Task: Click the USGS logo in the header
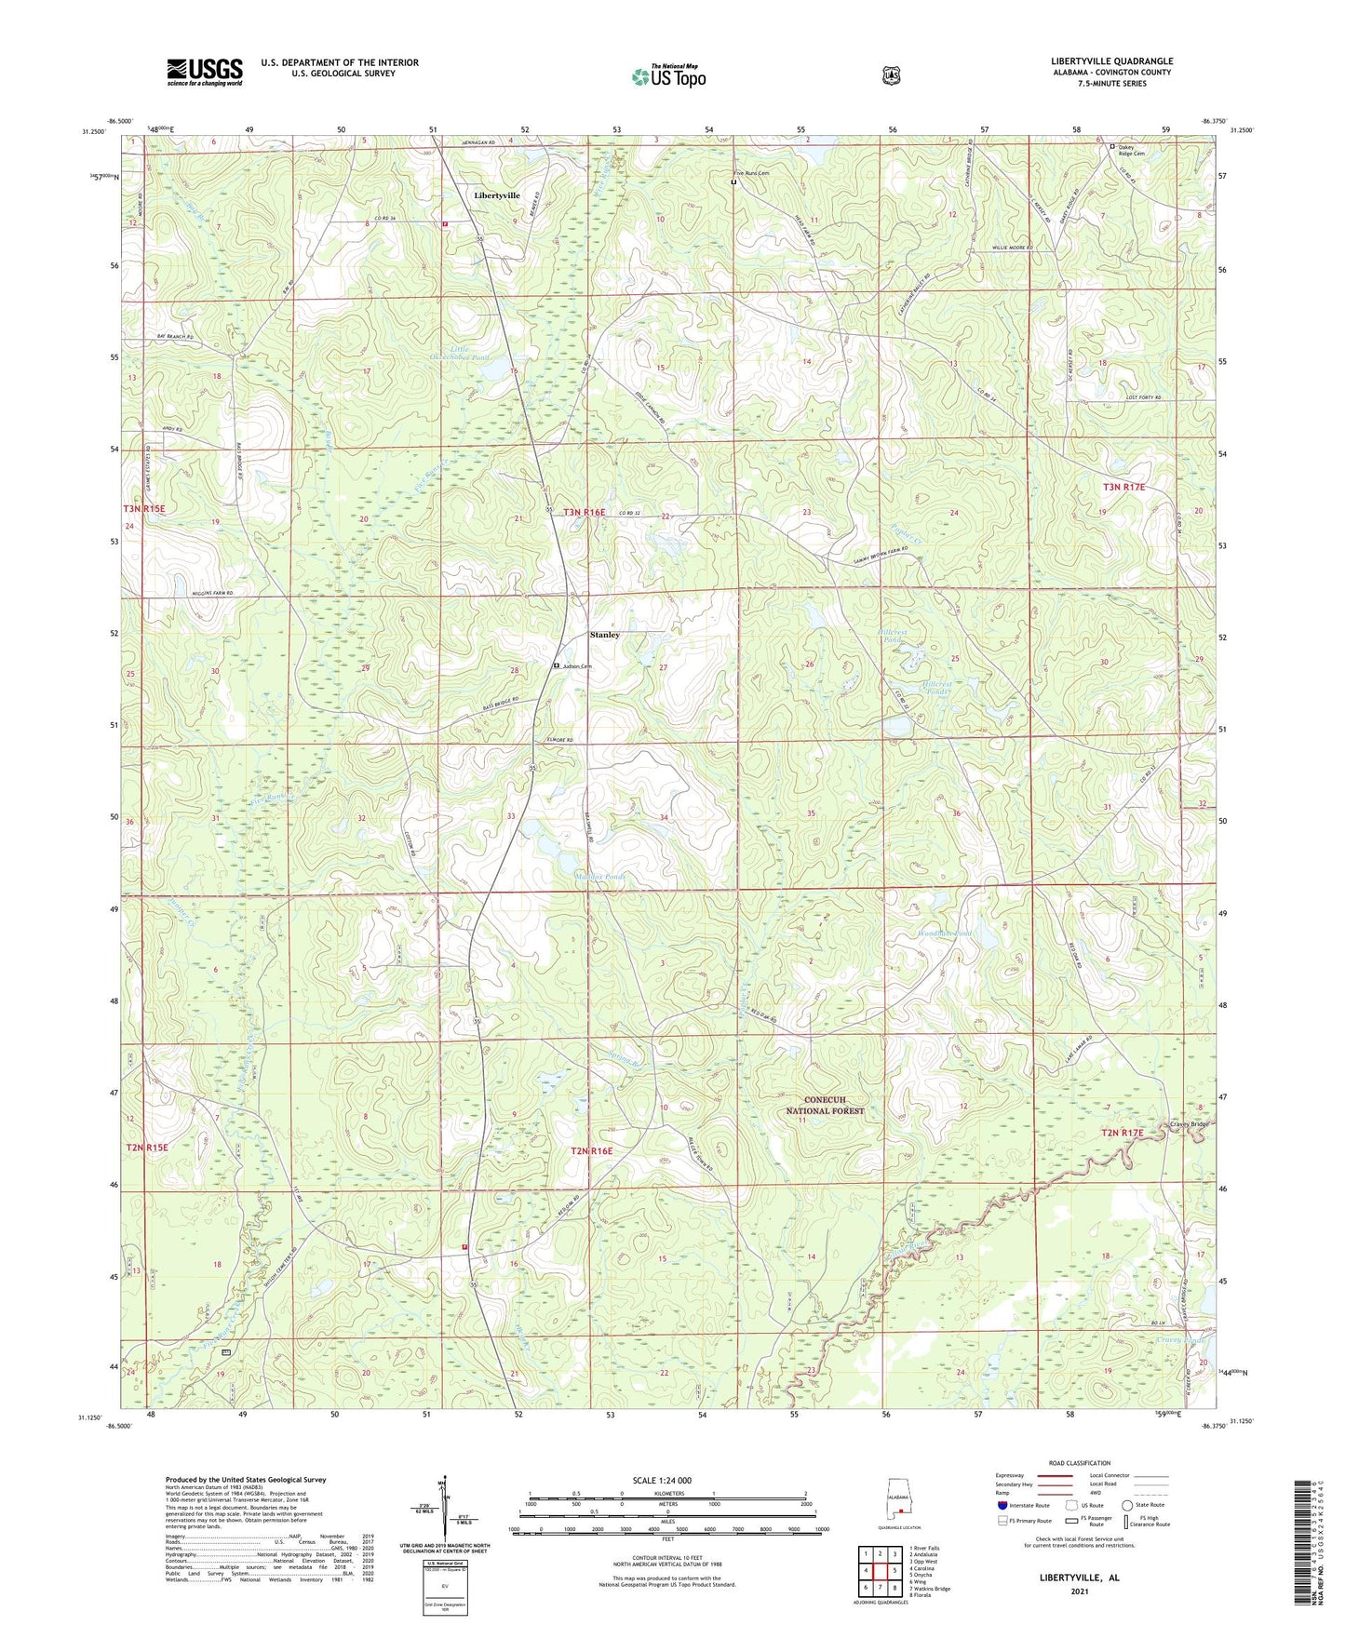[205, 72]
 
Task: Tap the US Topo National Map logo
[667, 75]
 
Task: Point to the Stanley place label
[604, 635]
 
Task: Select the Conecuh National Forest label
[825, 1105]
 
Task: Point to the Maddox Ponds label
[599, 877]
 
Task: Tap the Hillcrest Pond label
[893, 636]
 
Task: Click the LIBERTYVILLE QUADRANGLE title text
[1111, 61]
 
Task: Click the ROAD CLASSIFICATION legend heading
[1079, 1463]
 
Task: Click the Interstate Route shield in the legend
[1002, 1505]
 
